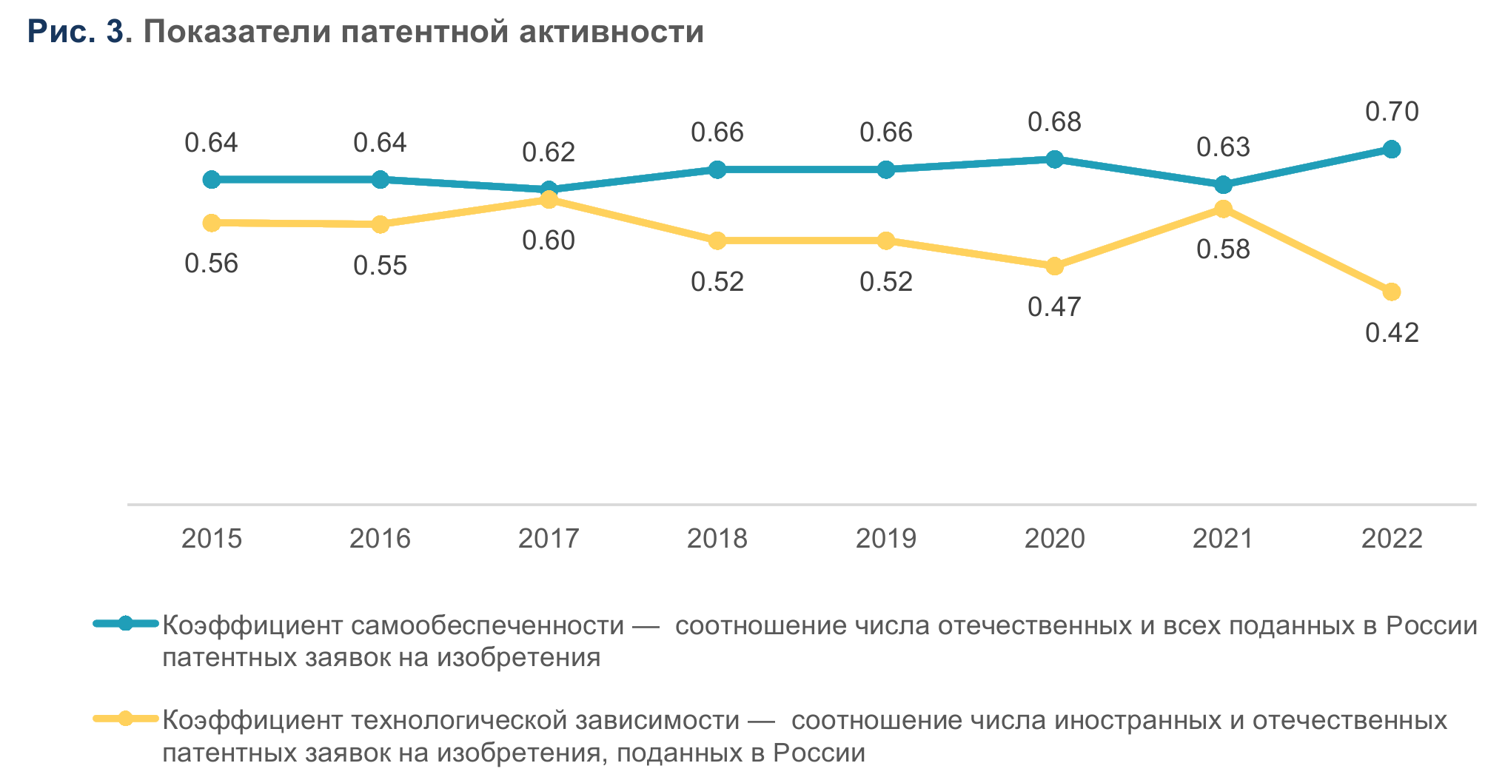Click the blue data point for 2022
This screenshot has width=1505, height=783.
click(1392, 149)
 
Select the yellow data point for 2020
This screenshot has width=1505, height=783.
click(1054, 266)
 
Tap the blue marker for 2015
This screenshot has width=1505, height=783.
click(212, 179)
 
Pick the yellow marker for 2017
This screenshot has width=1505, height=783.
click(549, 200)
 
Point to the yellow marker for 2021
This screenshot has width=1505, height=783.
click(1223, 209)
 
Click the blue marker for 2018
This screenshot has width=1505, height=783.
click(717, 169)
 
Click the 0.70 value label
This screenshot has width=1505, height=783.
click(1392, 112)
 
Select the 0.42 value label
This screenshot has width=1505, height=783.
click(1392, 333)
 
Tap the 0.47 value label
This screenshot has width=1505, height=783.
click(1054, 306)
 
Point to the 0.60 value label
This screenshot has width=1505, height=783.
click(549, 241)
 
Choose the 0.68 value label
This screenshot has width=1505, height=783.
click(1054, 122)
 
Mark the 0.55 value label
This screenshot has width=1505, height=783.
click(380, 266)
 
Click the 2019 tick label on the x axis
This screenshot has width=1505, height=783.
click(885, 538)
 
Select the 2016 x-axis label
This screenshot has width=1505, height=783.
click(380, 538)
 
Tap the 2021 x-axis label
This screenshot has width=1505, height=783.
click(1223, 538)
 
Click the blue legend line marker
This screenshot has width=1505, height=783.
click(126, 623)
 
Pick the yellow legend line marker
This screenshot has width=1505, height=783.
click(126, 718)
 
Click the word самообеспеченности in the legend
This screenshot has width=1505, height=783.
click(487, 626)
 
